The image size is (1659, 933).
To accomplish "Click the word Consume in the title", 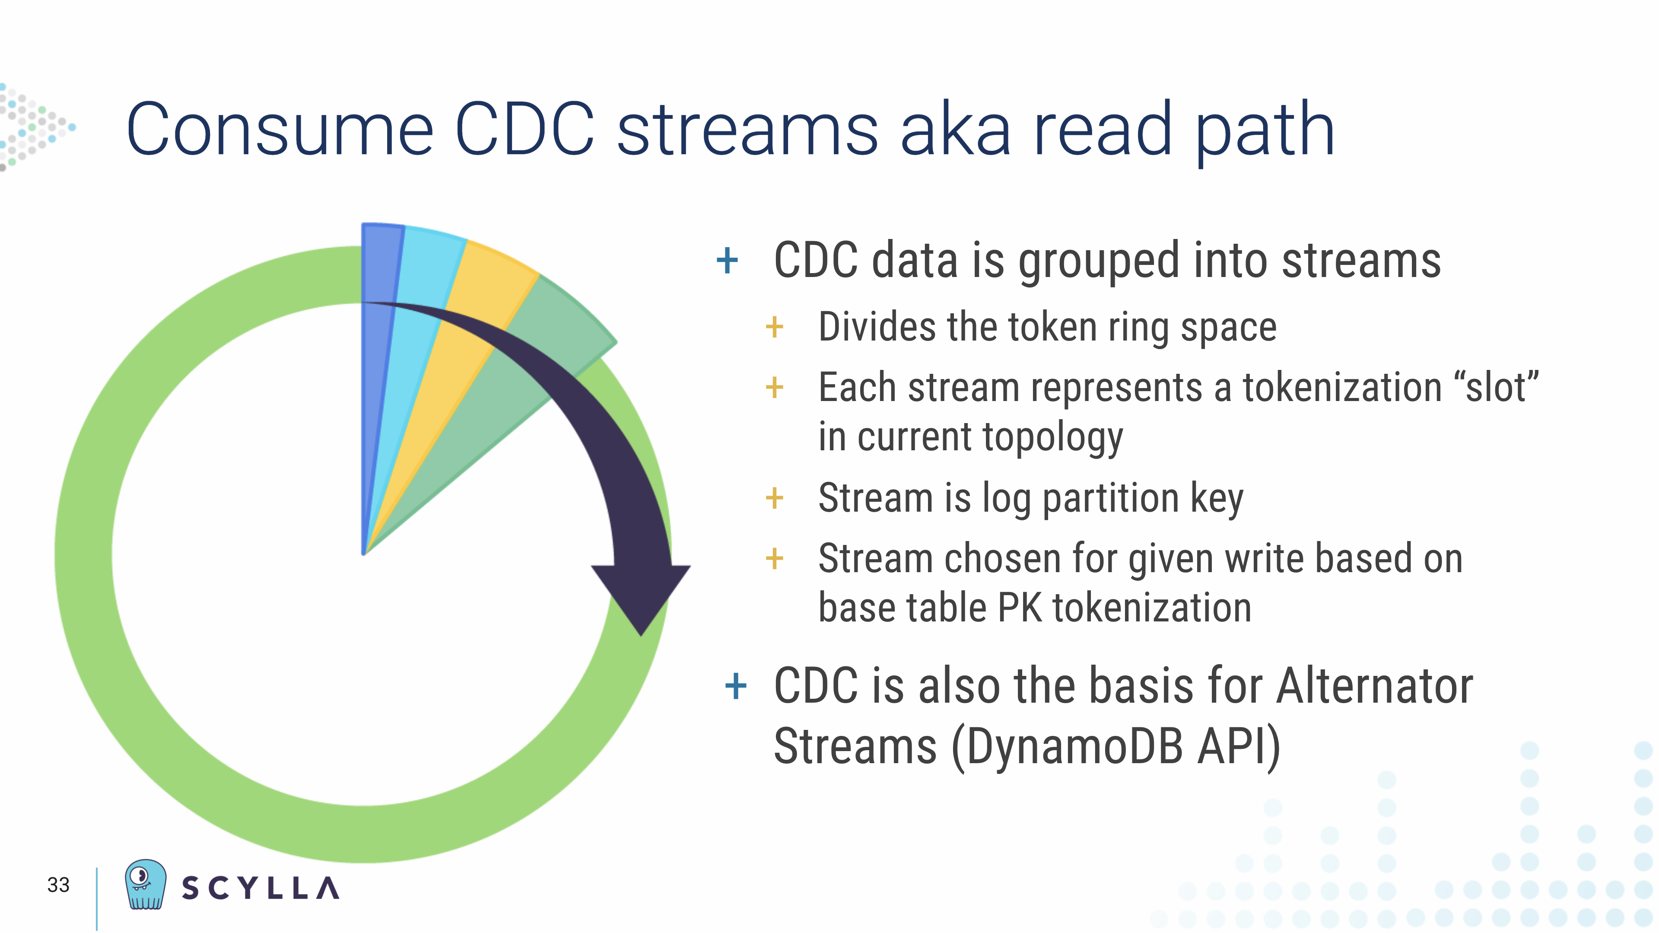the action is click(x=280, y=129).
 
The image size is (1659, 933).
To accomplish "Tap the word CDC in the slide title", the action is click(x=525, y=129).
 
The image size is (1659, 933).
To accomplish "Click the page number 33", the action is click(x=58, y=885).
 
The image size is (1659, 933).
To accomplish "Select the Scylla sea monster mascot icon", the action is click(x=145, y=884).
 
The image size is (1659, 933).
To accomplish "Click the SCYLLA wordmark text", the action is click(x=260, y=888).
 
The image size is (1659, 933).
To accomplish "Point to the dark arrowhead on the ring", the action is click(x=641, y=599).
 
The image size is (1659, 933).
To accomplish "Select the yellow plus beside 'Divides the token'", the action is click(x=774, y=327).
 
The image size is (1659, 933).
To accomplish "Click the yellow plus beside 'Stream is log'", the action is click(x=774, y=498).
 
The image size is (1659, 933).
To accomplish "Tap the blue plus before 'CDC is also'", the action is click(x=735, y=686).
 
